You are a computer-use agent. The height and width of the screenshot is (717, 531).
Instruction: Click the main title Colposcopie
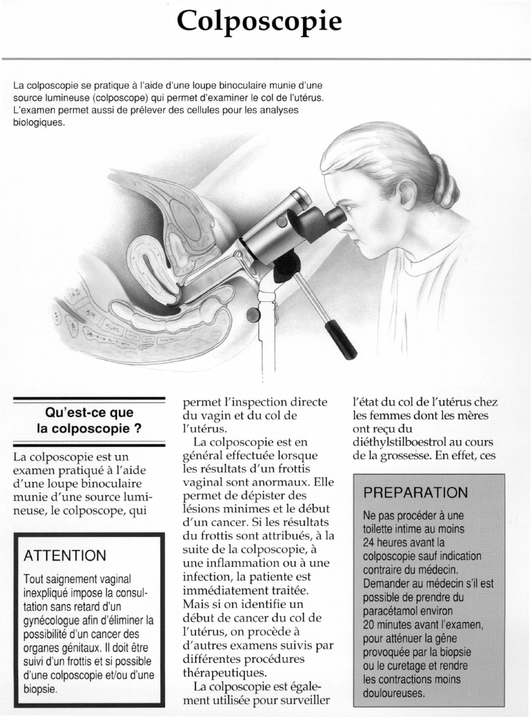(259, 22)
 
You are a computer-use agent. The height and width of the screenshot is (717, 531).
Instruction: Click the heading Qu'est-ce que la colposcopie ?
(89, 420)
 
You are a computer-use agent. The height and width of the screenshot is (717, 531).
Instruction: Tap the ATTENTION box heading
(65, 556)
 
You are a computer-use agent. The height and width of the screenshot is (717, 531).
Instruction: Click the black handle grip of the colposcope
(341, 341)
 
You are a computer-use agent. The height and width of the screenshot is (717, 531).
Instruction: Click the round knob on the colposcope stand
(252, 313)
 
